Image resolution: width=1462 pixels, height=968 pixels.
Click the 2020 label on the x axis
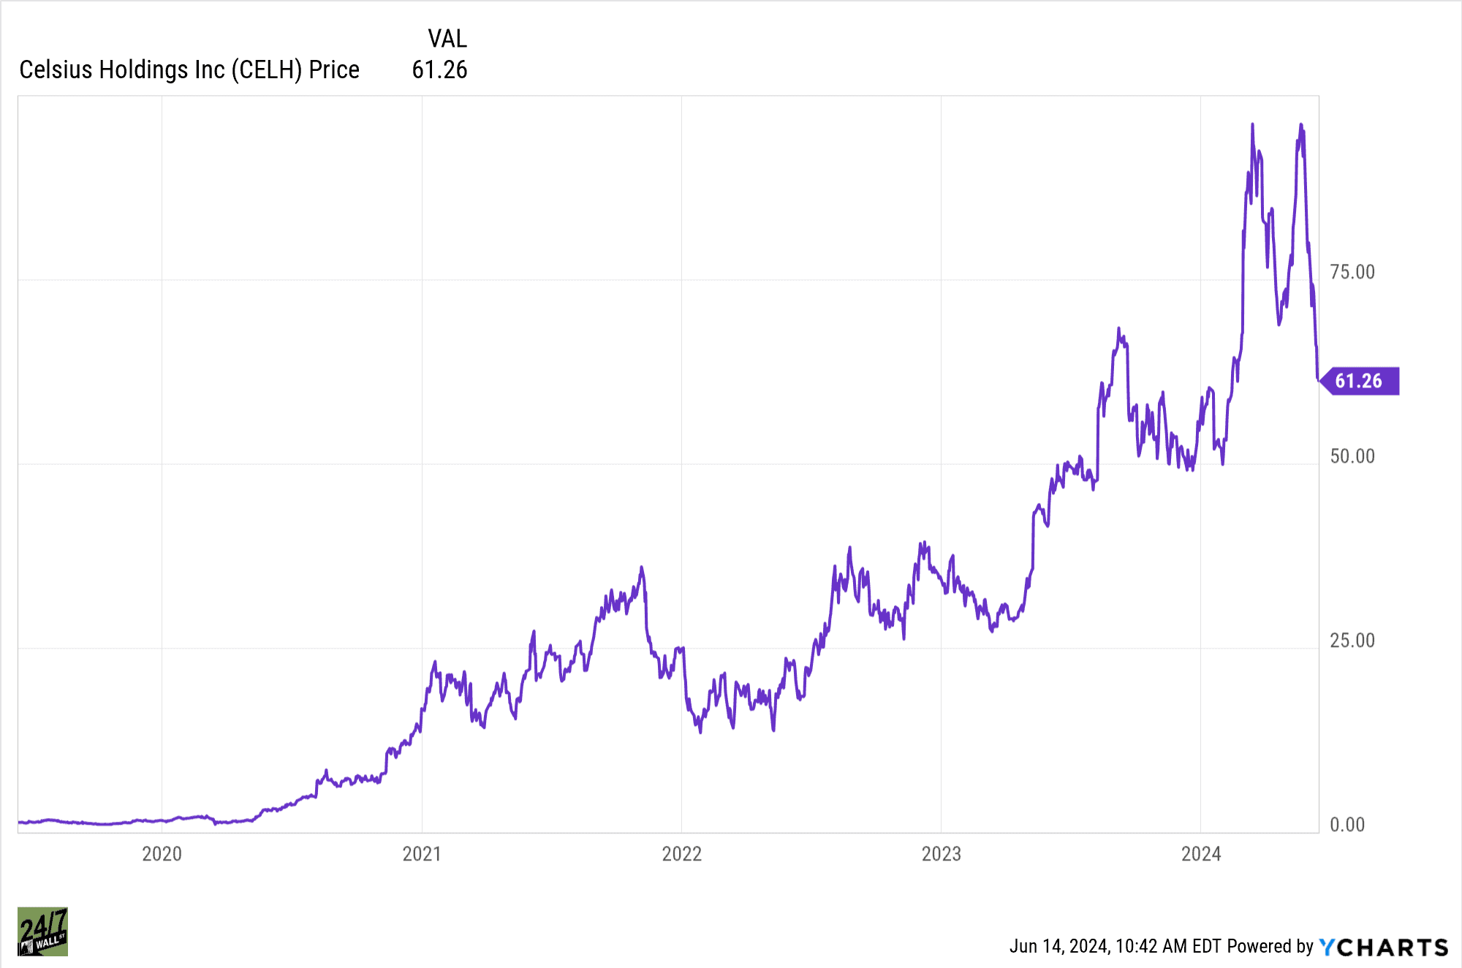click(x=162, y=854)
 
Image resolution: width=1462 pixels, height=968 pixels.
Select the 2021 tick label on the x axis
click(x=422, y=854)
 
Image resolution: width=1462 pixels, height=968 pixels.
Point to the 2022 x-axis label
click(x=681, y=854)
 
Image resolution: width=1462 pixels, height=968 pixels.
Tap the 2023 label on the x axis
click(x=941, y=854)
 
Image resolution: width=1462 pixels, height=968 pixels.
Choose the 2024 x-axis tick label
click(x=1201, y=854)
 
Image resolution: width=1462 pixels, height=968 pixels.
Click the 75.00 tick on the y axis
click(x=1352, y=272)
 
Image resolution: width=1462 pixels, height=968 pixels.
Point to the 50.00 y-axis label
click(x=1352, y=456)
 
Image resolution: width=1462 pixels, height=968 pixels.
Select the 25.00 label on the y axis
click(x=1352, y=640)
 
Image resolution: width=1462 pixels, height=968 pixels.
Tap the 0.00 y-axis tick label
click(x=1347, y=825)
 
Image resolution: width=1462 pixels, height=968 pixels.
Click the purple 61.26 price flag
click(x=1360, y=381)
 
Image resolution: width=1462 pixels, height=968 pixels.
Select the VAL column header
click(x=447, y=38)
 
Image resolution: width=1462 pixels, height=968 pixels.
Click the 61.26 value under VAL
click(x=439, y=69)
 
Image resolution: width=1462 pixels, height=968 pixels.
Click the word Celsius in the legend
click(x=56, y=69)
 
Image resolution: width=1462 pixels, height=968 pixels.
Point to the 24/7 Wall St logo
click(x=42, y=931)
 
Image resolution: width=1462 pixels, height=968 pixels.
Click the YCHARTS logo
click(x=1383, y=947)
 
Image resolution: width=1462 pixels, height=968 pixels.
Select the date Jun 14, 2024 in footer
click(x=1058, y=946)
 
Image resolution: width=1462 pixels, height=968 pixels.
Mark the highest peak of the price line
click(x=1252, y=125)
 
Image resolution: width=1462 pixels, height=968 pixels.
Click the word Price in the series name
click(x=334, y=69)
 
